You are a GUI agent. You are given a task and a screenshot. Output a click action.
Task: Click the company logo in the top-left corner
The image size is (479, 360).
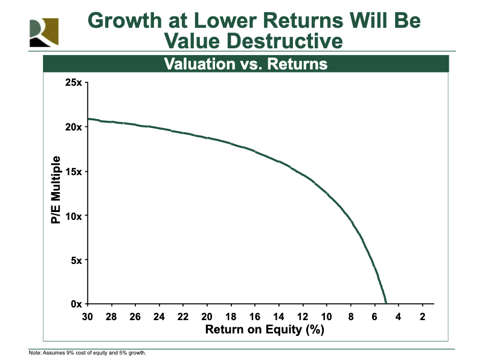pyautogui.click(x=44, y=33)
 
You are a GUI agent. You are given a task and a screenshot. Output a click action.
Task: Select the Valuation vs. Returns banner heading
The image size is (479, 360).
pyautogui.click(x=246, y=64)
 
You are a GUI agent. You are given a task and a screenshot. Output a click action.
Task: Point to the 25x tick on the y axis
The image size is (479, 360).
pyautogui.click(x=74, y=82)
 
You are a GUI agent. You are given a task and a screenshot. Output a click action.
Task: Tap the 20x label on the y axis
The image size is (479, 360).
pyautogui.click(x=74, y=127)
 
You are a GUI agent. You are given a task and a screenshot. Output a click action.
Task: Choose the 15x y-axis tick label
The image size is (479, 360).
pyautogui.click(x=74, y=172)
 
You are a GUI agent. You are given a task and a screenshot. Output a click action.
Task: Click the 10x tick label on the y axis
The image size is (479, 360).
pyautogui.click(x=74, y=216)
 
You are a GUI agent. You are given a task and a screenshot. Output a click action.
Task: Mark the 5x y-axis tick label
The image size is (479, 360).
pyautogui.click(x=76, y=260)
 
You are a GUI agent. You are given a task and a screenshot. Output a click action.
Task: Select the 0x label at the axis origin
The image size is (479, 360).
pyautogui.click(x=76, y=304)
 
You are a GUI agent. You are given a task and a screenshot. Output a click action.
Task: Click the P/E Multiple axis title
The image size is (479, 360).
pyautogui.click(x=56, y=190)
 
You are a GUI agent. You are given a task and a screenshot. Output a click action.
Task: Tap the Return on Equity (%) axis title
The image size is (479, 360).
pyautogui.click(x=265, y=329)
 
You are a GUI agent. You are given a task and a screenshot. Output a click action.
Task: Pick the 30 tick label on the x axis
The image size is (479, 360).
pyautogui.click(x=88, y=317)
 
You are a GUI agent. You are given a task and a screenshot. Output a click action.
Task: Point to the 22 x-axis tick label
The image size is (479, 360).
pyautogui.click(x=183, y=317)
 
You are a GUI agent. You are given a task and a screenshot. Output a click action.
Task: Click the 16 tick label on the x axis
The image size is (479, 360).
pyautogui.click(x=255, y=317)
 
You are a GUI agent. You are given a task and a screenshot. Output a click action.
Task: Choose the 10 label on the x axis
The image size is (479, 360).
pyautogui.click(x=327, y=317)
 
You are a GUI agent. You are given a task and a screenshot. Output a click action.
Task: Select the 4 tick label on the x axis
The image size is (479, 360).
pyautogui.click(x=398, y=317)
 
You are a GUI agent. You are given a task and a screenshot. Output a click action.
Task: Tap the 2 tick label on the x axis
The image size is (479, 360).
pyautogui.click(x=422, y=317)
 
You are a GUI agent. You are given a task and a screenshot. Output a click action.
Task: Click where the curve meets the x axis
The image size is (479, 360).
pyautogui.click(x=386, y=303)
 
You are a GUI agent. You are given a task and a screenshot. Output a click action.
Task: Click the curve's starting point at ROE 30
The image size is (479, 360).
pyautogui.click(x=88, y=118)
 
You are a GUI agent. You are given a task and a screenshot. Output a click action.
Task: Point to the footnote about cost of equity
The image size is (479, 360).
pyautogui.click(x=88, y=353)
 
